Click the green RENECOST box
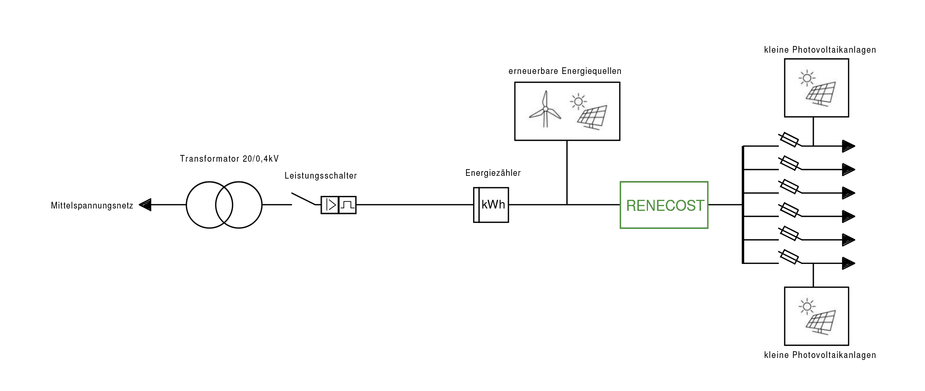[664, 205]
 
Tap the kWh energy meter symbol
[491, 205]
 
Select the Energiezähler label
[493, 173]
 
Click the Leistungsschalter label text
[321, 175]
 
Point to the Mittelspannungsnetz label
[92, 205]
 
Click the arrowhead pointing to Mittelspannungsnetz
[145, 205]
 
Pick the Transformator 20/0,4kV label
[229, 159]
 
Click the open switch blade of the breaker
[303, 199]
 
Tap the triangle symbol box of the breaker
[330, 205]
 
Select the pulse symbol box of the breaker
[347, 205]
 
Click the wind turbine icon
[545, 110]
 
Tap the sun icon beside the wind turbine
[578, 102]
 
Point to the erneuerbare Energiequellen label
[565, 71]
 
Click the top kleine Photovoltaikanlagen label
[820, 50]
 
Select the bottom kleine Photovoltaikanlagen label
[820, 355]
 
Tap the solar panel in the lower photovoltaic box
[821, 322]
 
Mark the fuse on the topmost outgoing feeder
[789, 140]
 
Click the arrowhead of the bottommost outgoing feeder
[848, 263]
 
